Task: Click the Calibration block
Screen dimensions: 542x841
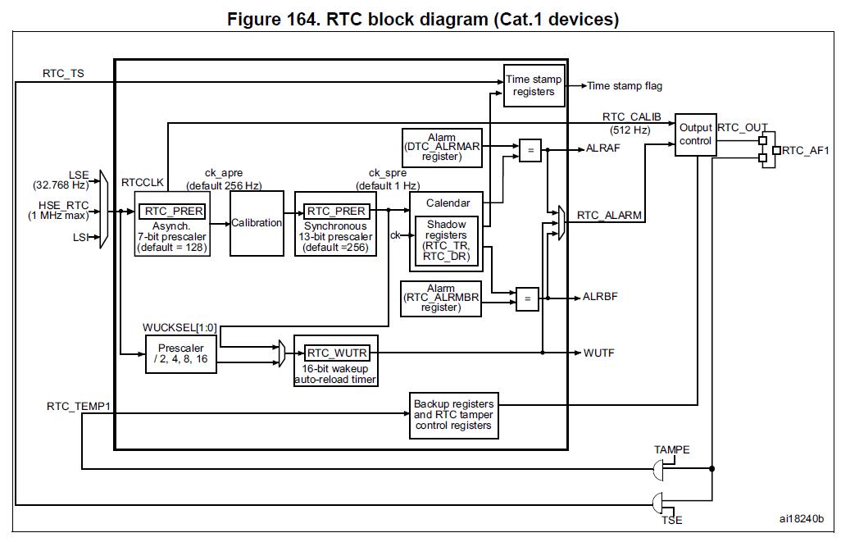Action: (257, 223)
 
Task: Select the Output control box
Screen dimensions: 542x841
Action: (695, 134)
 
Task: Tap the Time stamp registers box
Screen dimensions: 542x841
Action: (534, 85)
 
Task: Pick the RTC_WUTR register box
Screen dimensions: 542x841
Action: (337, 353)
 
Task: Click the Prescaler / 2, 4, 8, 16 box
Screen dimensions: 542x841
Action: (181, 353)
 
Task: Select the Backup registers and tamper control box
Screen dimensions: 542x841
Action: (453, 415)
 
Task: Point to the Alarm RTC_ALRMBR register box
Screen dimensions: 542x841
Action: (441, 298)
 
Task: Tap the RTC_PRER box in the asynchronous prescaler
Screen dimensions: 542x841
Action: (172, 212)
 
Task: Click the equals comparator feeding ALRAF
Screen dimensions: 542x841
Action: (530, 150)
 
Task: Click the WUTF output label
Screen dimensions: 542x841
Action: (598, 353)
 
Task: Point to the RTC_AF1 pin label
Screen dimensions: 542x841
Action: (806, 151)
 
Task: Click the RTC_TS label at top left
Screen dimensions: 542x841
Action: (63, 74)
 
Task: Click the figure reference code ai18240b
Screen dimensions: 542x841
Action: (801, 519)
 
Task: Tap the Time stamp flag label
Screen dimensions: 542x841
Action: (625, 86)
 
